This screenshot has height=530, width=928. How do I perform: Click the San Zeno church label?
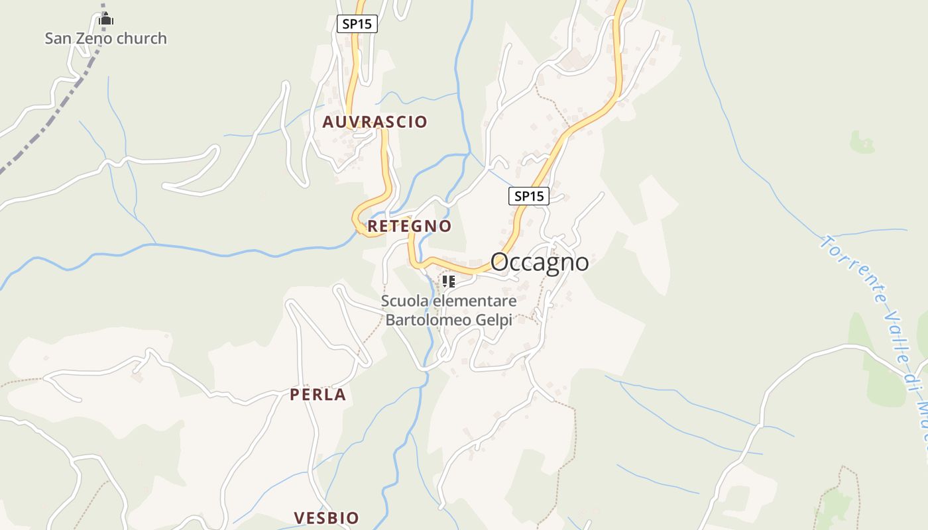[x=105, y=38]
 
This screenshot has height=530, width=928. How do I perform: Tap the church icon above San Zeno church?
[x=106, y=21]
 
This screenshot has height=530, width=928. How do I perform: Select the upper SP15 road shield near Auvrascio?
[x=357, y=24]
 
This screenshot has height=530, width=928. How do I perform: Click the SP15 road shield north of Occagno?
[x=529, y=196]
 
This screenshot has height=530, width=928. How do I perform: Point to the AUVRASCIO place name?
[x=375, y=122]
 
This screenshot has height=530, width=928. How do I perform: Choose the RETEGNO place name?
[x=409, y=226]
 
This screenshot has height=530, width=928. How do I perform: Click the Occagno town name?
[x=540, y=262]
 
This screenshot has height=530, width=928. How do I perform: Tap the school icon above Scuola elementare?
[x=449, y=282]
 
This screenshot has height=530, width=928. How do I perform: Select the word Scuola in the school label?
[x=404, y=301]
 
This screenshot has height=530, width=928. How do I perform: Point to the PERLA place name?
[x=318, y=395]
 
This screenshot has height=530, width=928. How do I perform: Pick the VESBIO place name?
[x=326, y=517]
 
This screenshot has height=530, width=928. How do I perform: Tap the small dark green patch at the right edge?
[x=862, y=141]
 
